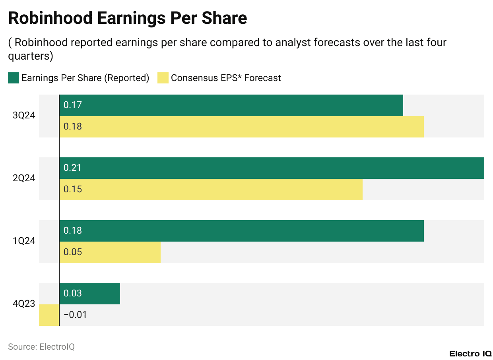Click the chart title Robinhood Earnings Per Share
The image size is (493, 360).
coord(127,18)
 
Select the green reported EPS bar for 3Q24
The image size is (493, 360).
coord(231,105)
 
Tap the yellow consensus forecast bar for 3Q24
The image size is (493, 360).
coord(241,127)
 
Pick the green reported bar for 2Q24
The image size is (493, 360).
coord(272,168)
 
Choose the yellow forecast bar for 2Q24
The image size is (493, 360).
coord(211,190)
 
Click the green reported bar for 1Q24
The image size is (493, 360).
coord(241,231)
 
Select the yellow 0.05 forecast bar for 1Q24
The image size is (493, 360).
coord(110,252)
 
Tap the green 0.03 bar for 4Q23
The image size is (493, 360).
coord(89,294)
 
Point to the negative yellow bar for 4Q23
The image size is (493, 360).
coord(49,315)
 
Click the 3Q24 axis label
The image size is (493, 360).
coord(24,116)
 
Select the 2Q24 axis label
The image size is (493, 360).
coord(24,178)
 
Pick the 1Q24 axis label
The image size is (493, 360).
coord(24,241)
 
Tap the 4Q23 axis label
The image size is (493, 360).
coord(24,304)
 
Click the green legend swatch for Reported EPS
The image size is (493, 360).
coord(14,78)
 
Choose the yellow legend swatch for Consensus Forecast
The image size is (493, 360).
coord(163,78)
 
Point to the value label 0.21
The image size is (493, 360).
coord(72,168)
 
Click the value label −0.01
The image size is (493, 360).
coord(75,315)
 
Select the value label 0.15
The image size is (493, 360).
coord(72,190)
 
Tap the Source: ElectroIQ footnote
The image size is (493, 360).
coord(41,346)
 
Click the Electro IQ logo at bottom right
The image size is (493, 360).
coord(470,354)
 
